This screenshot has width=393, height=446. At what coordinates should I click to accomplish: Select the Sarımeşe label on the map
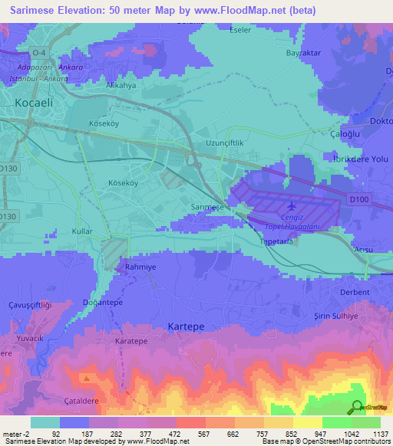coord(206,208)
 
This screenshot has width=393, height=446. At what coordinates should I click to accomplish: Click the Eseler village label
coord(241,31)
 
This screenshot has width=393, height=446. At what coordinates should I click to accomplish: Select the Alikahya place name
coord(121,87)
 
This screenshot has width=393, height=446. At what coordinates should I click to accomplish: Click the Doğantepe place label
coord(103,303)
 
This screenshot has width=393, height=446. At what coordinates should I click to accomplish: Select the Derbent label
coord(355,292)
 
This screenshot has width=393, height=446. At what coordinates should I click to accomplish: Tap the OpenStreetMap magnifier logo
coord(357,408)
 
